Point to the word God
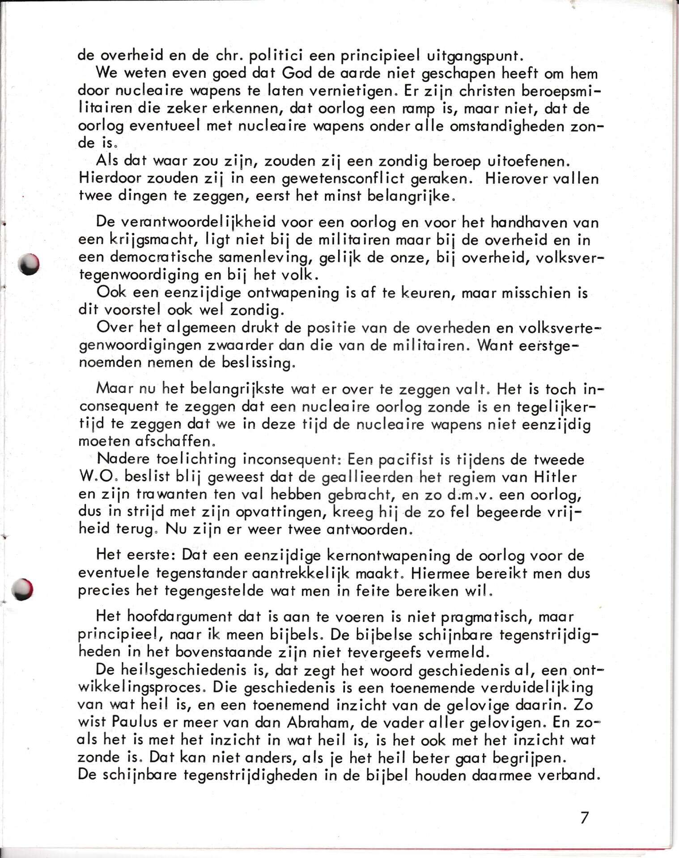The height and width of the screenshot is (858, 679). [297, 73]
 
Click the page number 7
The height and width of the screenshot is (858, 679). [585, 818]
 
